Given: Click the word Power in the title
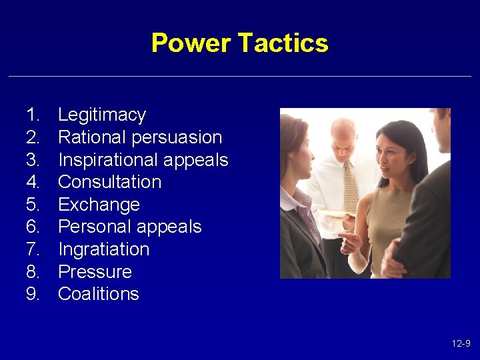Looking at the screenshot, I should (192, 43).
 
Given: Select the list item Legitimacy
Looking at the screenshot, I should (101, 115).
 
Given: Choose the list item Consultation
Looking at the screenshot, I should (109, 182).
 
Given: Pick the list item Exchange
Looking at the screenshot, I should (99, 205).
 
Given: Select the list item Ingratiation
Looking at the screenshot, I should (103, 249).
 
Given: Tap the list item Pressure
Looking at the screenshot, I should (95, 272).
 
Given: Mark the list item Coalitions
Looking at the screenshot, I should (98, 294).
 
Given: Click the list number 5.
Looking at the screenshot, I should (33, 205).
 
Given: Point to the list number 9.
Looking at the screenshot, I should (33, 294).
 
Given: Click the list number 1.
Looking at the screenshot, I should (33, 115).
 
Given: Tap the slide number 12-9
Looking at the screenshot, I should (461, 343).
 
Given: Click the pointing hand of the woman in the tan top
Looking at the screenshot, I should (348, 241).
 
